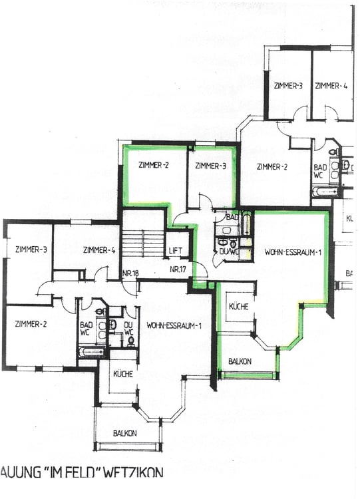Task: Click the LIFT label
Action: point(175,251)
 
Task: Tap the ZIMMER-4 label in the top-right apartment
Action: point(331,86)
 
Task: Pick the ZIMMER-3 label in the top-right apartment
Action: point(288,86)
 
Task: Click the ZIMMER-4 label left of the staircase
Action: point(100,249)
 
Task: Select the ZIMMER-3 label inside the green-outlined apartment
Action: point(210,166)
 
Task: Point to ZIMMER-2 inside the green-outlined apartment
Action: point(154,166)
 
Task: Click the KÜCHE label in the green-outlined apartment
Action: point(239,307)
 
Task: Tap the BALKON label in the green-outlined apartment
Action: point(239,361)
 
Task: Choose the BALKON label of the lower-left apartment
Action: point(125,433)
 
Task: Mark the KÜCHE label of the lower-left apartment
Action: point(122,374)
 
